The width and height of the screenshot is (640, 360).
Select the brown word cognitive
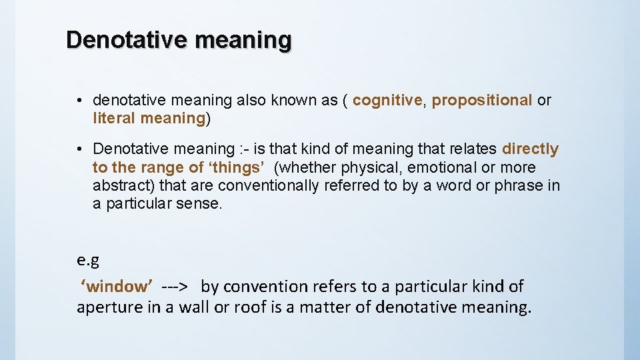[387, 101]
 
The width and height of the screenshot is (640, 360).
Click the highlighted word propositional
[482, 101]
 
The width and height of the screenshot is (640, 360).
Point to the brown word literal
[115, 119]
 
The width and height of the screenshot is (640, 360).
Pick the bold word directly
[530, 149]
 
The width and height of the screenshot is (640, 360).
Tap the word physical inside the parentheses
[365, 167]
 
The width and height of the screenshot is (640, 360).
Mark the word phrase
[519, 185]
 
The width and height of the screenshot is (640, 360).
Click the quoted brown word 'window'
[117, 287]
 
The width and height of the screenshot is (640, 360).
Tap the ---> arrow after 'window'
[175, 287]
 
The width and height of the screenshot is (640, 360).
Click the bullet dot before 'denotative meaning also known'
[79, 101]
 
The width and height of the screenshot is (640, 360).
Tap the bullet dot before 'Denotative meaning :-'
[79, 149]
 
